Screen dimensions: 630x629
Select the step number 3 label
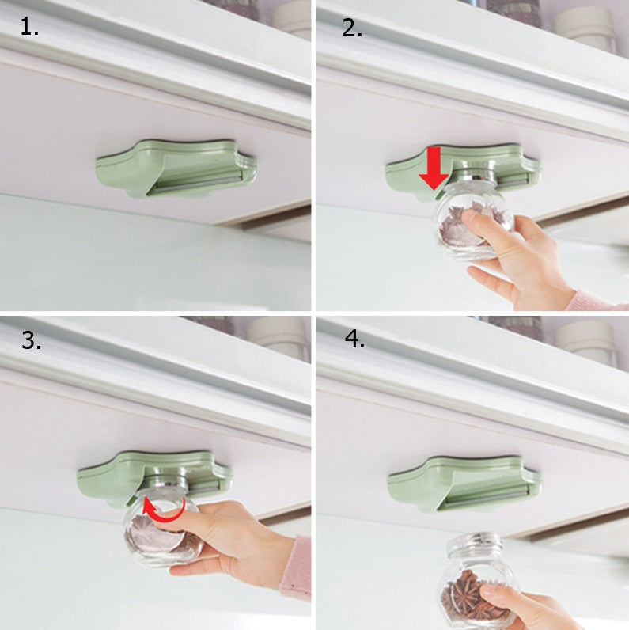click(x=31, y=341)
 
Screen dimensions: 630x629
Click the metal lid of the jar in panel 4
click(x=472, y=545)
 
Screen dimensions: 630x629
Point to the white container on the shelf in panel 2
click(x=585, y=28)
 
